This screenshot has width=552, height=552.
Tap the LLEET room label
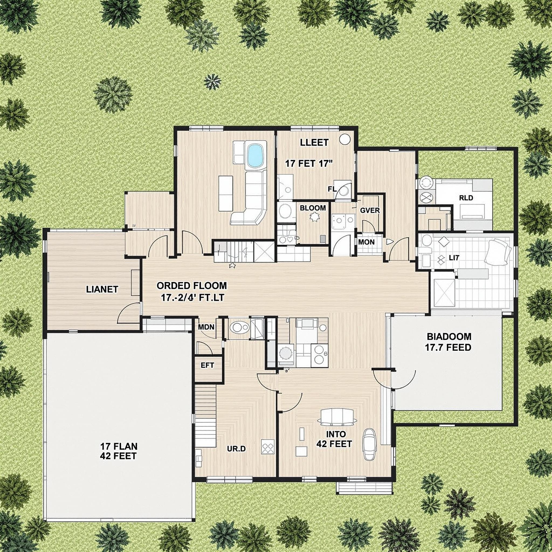(314, 142)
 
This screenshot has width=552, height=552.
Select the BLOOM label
(313, 208)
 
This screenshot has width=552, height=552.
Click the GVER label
(370, 211)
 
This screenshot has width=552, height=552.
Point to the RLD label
(466, 198)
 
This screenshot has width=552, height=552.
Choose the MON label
(366, 242)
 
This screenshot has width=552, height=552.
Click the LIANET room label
(102, 289)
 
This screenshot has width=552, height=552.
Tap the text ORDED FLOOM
(192, 285)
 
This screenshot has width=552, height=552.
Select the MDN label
(206, 327)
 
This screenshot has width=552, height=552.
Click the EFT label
(208, 365)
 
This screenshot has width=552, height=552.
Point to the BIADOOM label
(449, 336)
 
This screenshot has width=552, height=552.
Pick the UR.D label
(236, 448)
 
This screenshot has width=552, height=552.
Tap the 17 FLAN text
(119, 446)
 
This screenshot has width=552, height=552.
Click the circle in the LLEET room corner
(344, 139)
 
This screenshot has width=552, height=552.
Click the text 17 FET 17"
(309, 164)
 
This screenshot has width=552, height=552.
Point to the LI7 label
(453, 257)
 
